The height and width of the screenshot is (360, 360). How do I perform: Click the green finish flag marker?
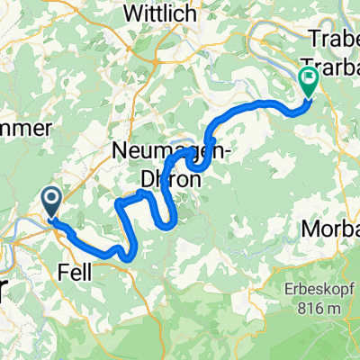point(309,83)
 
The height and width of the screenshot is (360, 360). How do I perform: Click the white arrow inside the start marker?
point(51,199)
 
